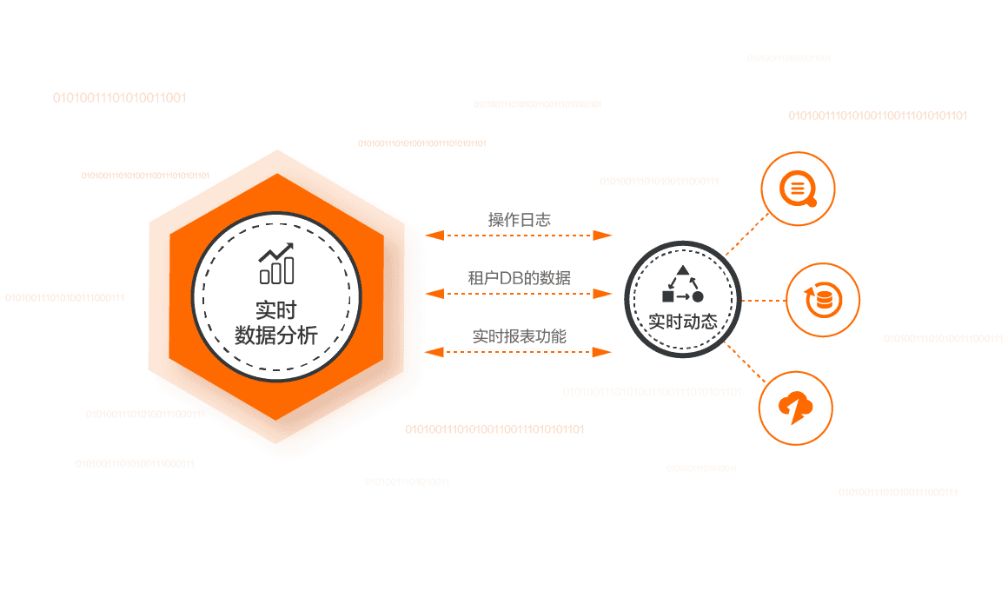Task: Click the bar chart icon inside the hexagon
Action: (x=276, y=264)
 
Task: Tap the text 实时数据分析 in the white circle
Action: (x=276, y=323)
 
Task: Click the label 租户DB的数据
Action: (x=520, y=278)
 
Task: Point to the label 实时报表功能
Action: (x=520, y=335)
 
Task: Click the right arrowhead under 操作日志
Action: (x=604, y=236)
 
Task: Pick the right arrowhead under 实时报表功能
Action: (x=604, y=352)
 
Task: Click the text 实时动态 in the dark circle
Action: (x=683, y=321)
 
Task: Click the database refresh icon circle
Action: (x=822, y=301)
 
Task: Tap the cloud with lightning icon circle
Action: (x=795, y=408)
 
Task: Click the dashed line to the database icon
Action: (x=763, y=301)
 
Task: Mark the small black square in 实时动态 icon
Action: (x=666, y=296)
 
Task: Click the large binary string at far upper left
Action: (x=120, y=97)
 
